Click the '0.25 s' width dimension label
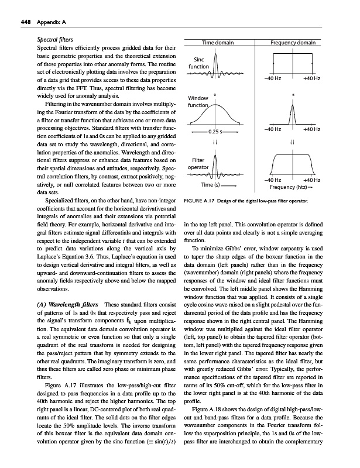(217, 132)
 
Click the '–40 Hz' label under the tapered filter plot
(274, 180)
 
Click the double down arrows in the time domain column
(217, 142)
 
